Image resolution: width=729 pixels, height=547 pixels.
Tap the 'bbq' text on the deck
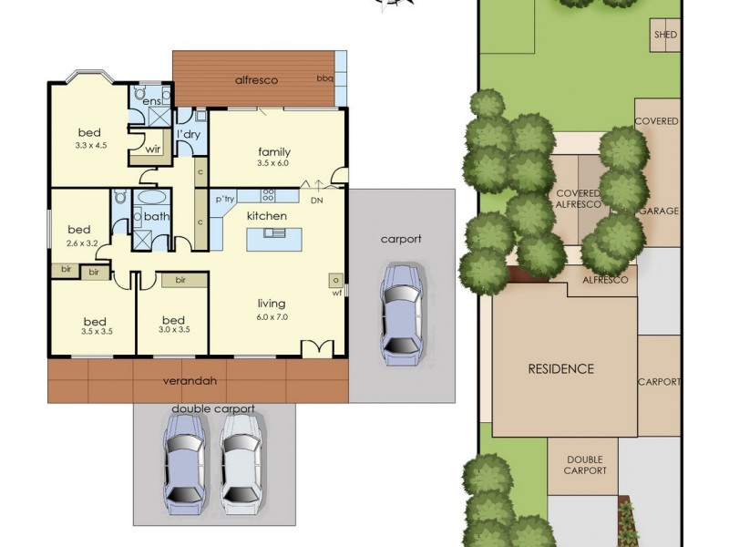pos(323,79)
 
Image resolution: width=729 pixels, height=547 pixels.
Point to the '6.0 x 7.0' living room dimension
pos(272,316)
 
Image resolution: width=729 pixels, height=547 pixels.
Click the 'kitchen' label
pos(267,215)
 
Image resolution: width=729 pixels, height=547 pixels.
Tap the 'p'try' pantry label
pos(226,198)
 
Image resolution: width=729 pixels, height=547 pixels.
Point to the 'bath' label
pos(156,217)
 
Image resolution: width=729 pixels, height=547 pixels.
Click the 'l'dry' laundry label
pos(188,135)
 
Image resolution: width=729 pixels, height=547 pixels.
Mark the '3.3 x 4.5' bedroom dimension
pos(91,144)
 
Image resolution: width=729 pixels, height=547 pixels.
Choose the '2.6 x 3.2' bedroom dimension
pos(82,243)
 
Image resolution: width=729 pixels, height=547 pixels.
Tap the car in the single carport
pos(400,309)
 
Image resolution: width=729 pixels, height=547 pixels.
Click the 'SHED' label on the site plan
pos(666,36)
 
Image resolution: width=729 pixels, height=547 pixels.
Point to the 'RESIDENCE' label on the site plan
pos(561,369)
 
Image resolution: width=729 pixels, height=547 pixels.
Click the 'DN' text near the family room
pos(317,200)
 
